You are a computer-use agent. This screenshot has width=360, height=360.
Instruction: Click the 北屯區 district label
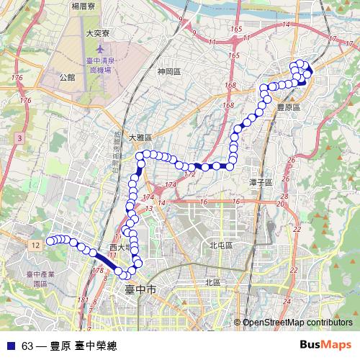tap(220, 246)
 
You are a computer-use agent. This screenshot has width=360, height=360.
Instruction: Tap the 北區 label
tap(212, 282)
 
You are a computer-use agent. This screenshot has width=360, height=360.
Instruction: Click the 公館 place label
tap(67, 75)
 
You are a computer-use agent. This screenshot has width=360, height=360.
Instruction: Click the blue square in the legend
tap(9, 346)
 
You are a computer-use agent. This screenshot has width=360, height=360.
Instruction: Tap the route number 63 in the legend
tap(27, 346)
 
